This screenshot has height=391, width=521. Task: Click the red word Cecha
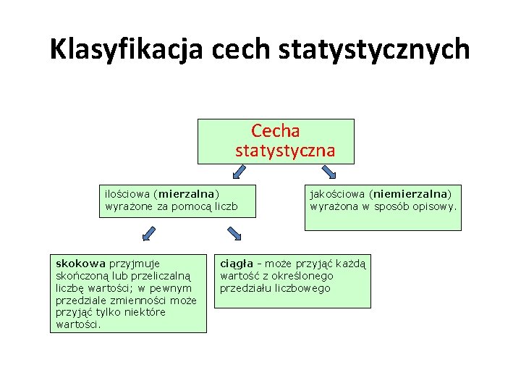[x=276, y=131]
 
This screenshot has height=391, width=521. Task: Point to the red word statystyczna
[x=285, y=151]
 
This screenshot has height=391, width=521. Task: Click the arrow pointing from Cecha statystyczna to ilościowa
[x=239, y=172]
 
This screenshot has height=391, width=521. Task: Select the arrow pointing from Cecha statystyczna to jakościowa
[x=328, y=172]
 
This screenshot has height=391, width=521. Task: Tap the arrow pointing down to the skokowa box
[x=148, y=233]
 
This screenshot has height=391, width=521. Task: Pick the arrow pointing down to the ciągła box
[x=234, y=233]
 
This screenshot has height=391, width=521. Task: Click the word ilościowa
[x=126, y=194]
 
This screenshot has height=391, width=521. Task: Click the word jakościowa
[x=338, y=194]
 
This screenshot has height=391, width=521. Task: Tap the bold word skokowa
[x=80, y=264]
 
